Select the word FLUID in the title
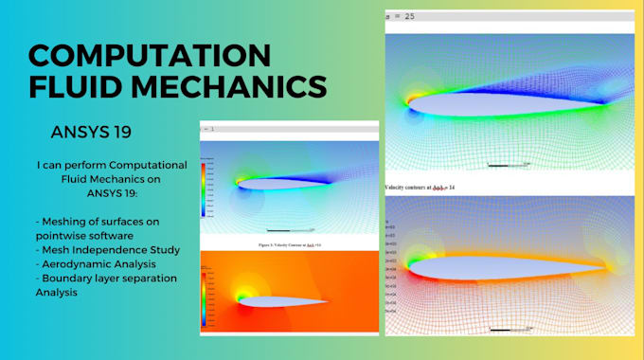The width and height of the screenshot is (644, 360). (x=80, y=87)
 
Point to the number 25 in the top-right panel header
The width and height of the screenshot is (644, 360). (x=409, y=16)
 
